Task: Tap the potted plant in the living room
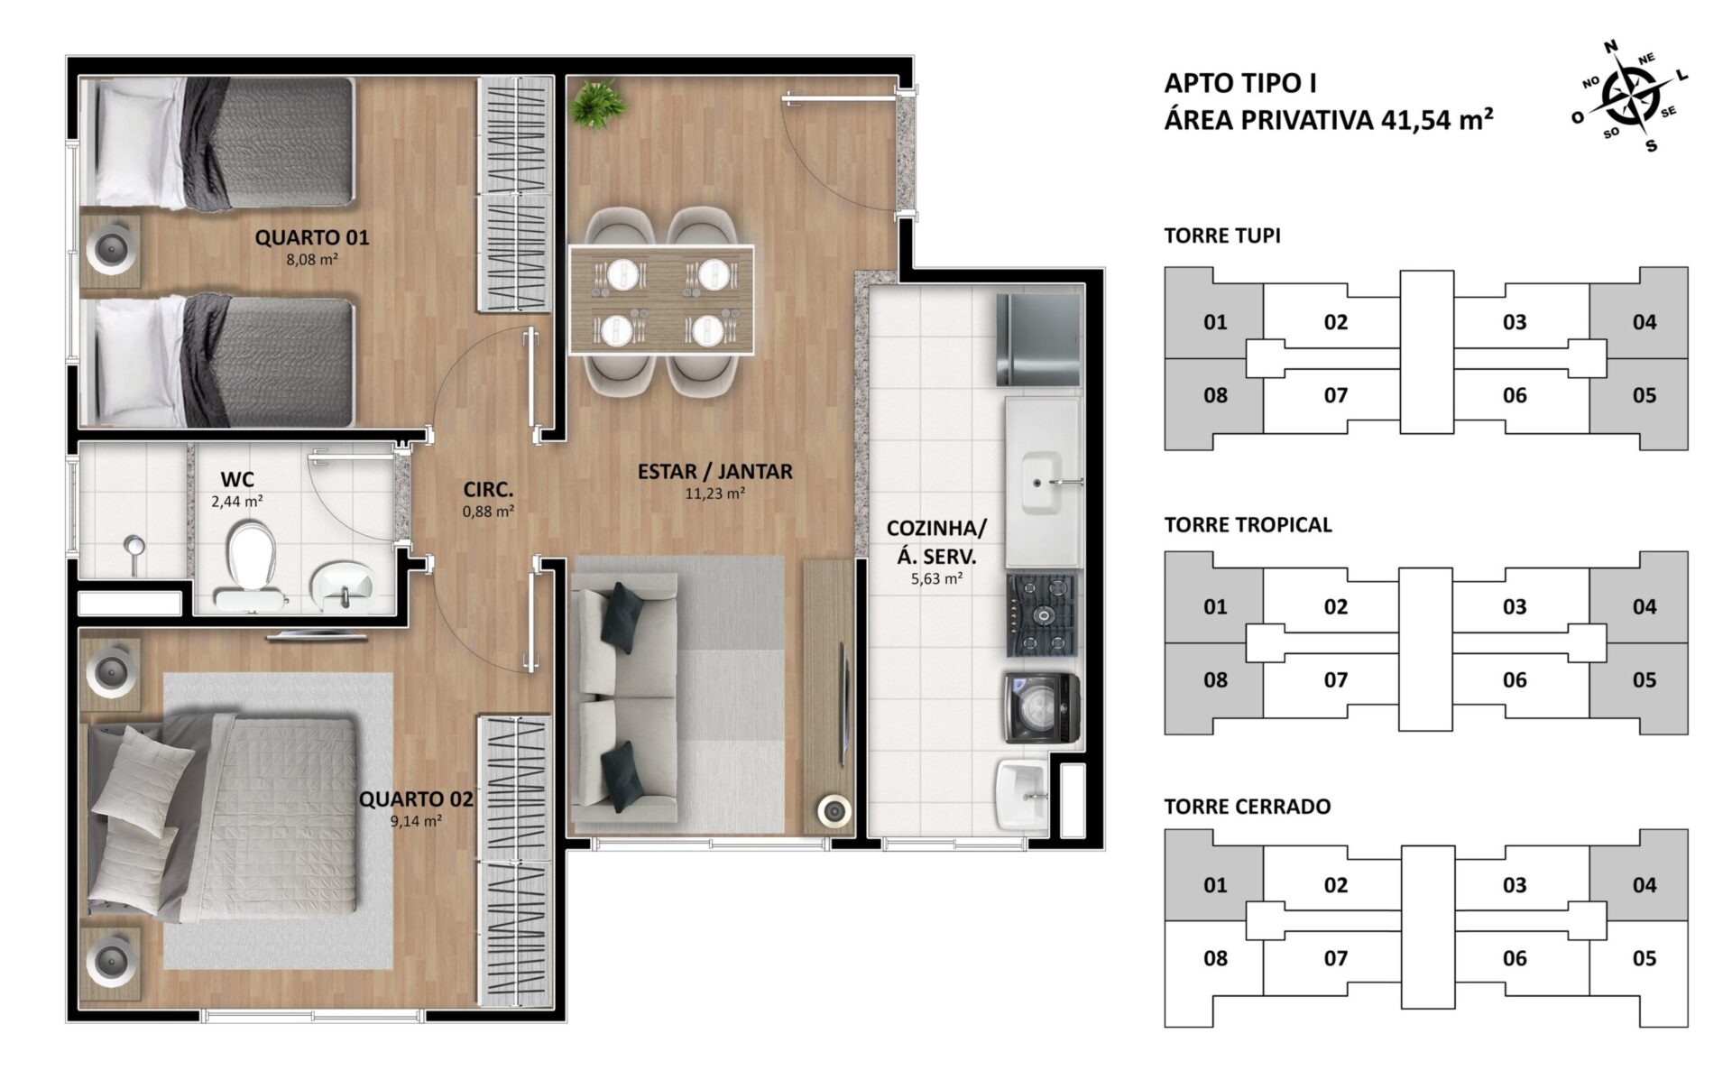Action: pos(598,103)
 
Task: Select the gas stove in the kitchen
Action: pos(1043,615)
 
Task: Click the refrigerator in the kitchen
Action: pos(1038,339)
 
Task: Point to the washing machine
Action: pos(1043,708)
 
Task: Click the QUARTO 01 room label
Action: pos(311,237)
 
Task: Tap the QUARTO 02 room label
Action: pos(416,799)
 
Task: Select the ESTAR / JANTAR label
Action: pos(715,471)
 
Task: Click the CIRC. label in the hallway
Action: pos(488,490)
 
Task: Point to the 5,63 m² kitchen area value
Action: pos(936,578)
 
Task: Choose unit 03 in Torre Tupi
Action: pos(1515,322)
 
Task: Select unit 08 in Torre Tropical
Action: pos(1215,680)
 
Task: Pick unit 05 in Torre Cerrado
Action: pos(1644,958)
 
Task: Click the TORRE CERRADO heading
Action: pos(1248,807)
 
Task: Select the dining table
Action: pos(661,300)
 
